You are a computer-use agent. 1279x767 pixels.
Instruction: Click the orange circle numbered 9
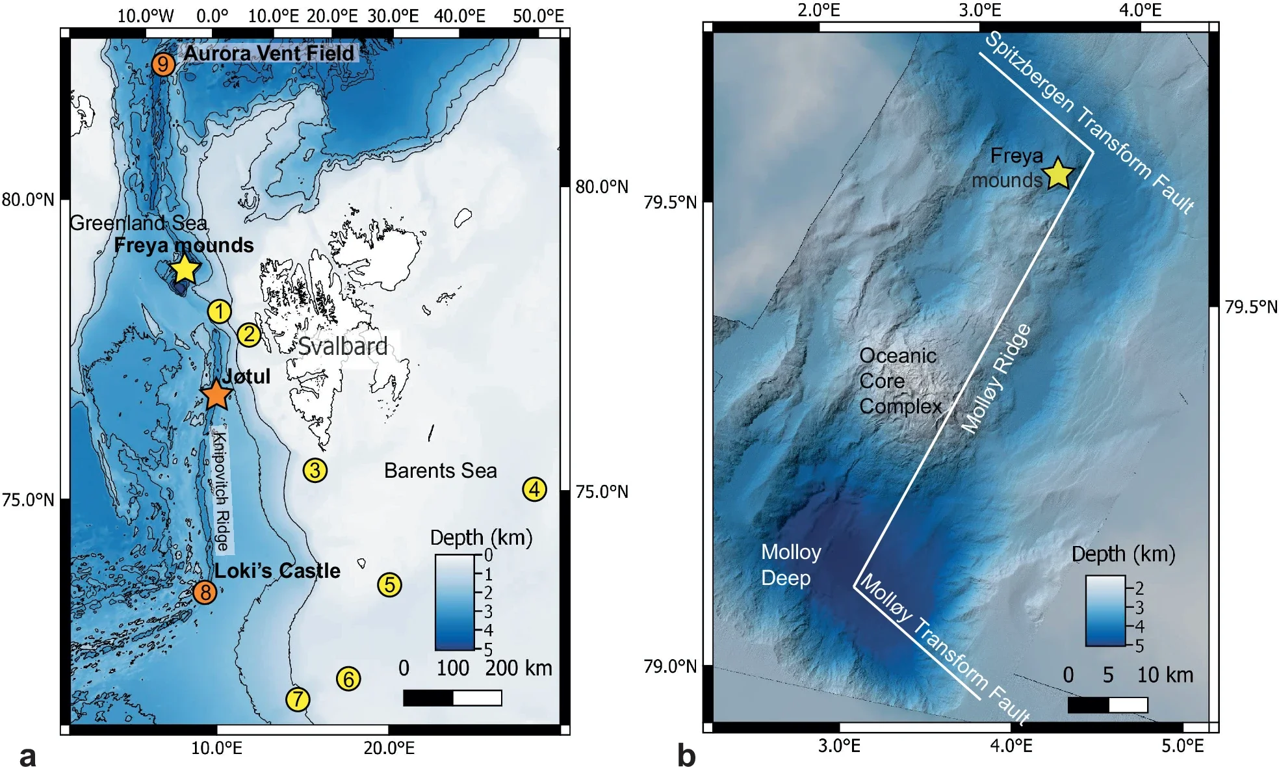(x=163, y=64)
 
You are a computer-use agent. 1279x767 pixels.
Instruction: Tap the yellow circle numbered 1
(x=220, y=311)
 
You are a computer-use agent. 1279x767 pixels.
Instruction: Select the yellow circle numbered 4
(x=534, y=489)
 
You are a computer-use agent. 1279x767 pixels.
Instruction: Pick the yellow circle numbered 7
(x=298, y=699)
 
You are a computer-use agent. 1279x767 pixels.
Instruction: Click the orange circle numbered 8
(x=205, y=592)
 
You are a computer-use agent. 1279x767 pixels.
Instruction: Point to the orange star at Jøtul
(x=216, y=394)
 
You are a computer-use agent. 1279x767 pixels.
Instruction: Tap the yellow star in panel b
(x=1058, y=174)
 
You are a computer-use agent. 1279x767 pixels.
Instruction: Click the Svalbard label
(x=342, y=346)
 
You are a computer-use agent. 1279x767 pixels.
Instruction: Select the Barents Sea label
(x=440, y=471)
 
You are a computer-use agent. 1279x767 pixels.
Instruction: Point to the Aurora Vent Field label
(x=269, y=53)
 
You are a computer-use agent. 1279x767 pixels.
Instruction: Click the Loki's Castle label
(x=278, y=571)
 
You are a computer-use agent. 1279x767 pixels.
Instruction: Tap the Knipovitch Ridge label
(x=222, y=491)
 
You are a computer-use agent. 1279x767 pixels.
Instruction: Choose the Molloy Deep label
(x=790, y=565)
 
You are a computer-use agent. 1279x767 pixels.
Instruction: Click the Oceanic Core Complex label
(x=899, y=381)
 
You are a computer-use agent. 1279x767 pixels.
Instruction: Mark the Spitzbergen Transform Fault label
(x=1089, y=122)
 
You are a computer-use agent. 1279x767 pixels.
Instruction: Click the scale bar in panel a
(x=452, y=698)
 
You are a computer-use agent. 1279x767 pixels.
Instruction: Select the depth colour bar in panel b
(x=1105, y=611)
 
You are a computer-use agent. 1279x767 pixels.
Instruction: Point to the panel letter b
(x=686, y=756)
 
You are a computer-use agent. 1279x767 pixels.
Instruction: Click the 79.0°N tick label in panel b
(x=669, y=667)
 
